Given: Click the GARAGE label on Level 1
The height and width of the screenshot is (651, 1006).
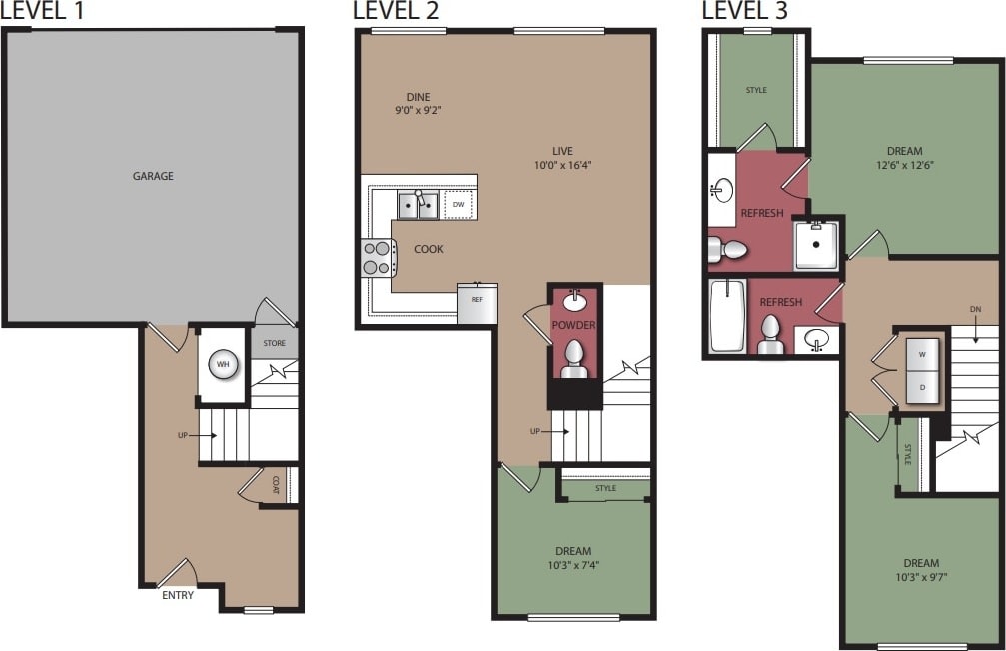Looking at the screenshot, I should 153,176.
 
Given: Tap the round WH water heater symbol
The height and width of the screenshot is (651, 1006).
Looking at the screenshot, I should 223,365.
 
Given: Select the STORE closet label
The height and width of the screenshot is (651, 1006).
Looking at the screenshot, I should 274,343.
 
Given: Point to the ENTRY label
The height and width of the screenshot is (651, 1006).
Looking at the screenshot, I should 177,596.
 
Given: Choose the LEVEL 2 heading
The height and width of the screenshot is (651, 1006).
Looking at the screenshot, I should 396,11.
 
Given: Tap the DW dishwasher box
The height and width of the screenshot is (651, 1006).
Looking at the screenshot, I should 459,205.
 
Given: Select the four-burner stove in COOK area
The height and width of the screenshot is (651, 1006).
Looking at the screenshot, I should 377,258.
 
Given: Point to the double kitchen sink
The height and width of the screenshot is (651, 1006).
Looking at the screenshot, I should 418,206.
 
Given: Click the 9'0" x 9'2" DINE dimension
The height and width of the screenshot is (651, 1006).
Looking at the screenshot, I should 412,112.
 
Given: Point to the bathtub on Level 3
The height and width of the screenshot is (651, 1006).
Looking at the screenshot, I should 727,316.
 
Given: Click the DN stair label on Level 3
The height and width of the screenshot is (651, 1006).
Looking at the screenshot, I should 975,310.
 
